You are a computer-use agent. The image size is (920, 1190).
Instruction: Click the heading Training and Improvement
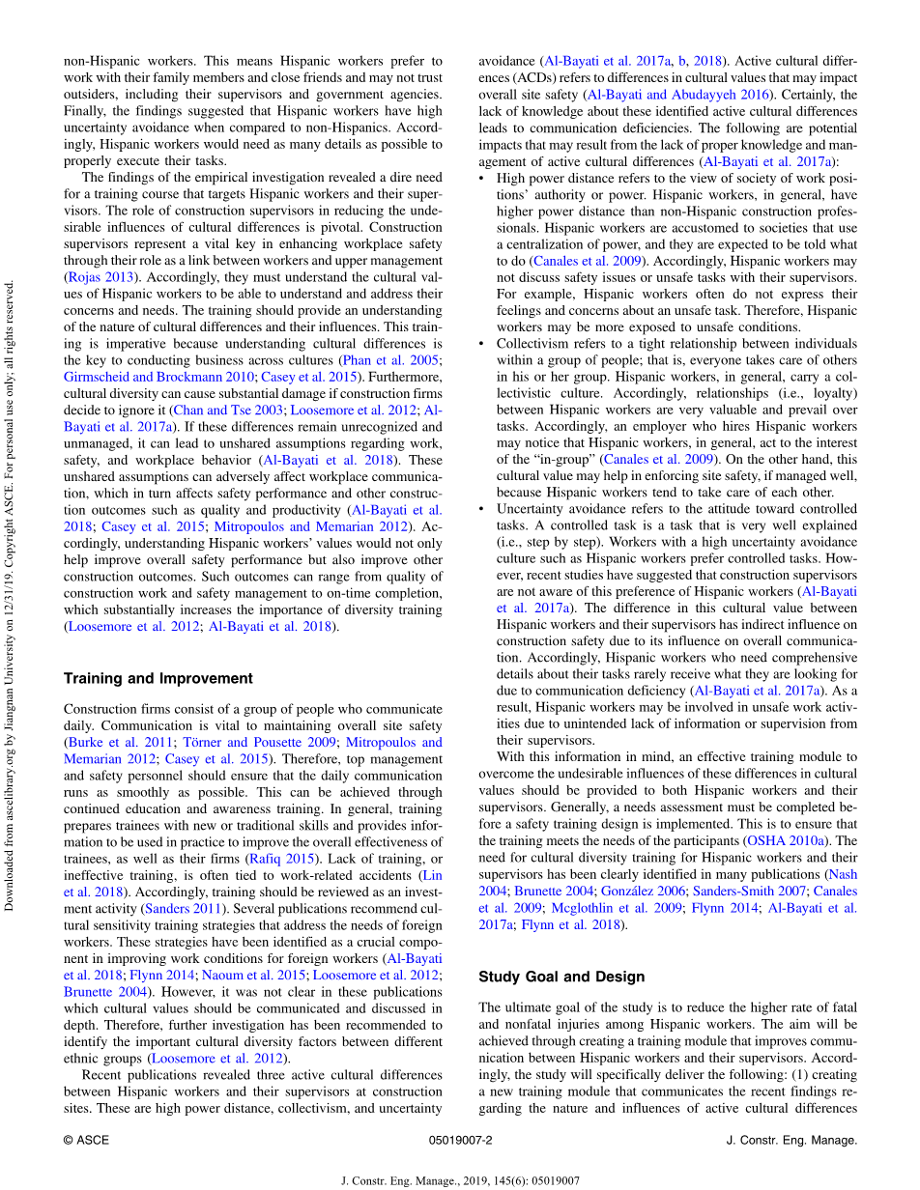(158, 678)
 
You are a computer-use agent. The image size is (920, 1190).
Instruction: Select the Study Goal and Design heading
(561, 977)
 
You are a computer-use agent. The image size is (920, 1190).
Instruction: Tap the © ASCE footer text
(86, 1140)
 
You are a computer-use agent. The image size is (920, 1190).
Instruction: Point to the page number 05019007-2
(460, 1140)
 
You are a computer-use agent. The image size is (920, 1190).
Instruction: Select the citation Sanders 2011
(184, 910)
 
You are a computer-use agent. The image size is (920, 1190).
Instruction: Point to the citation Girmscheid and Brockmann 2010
(158, 377)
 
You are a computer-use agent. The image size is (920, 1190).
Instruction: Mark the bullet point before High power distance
(483, 179)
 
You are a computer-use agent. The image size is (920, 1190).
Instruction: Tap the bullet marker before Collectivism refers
(483, 344)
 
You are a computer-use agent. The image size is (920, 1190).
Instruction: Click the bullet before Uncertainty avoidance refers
(483, 509)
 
